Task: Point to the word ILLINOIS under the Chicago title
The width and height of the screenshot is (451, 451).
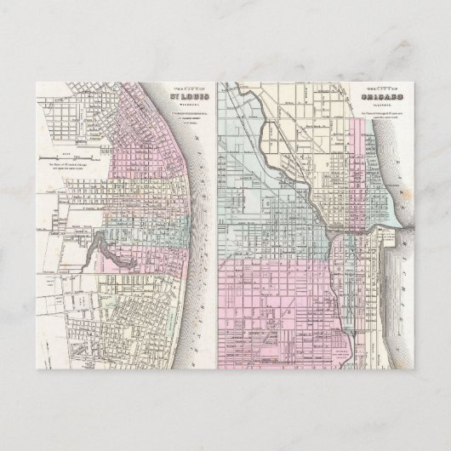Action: (382, 106)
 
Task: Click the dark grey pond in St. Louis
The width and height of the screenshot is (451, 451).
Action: (100, 247)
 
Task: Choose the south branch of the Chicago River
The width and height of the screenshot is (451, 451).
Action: (337, 281)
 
